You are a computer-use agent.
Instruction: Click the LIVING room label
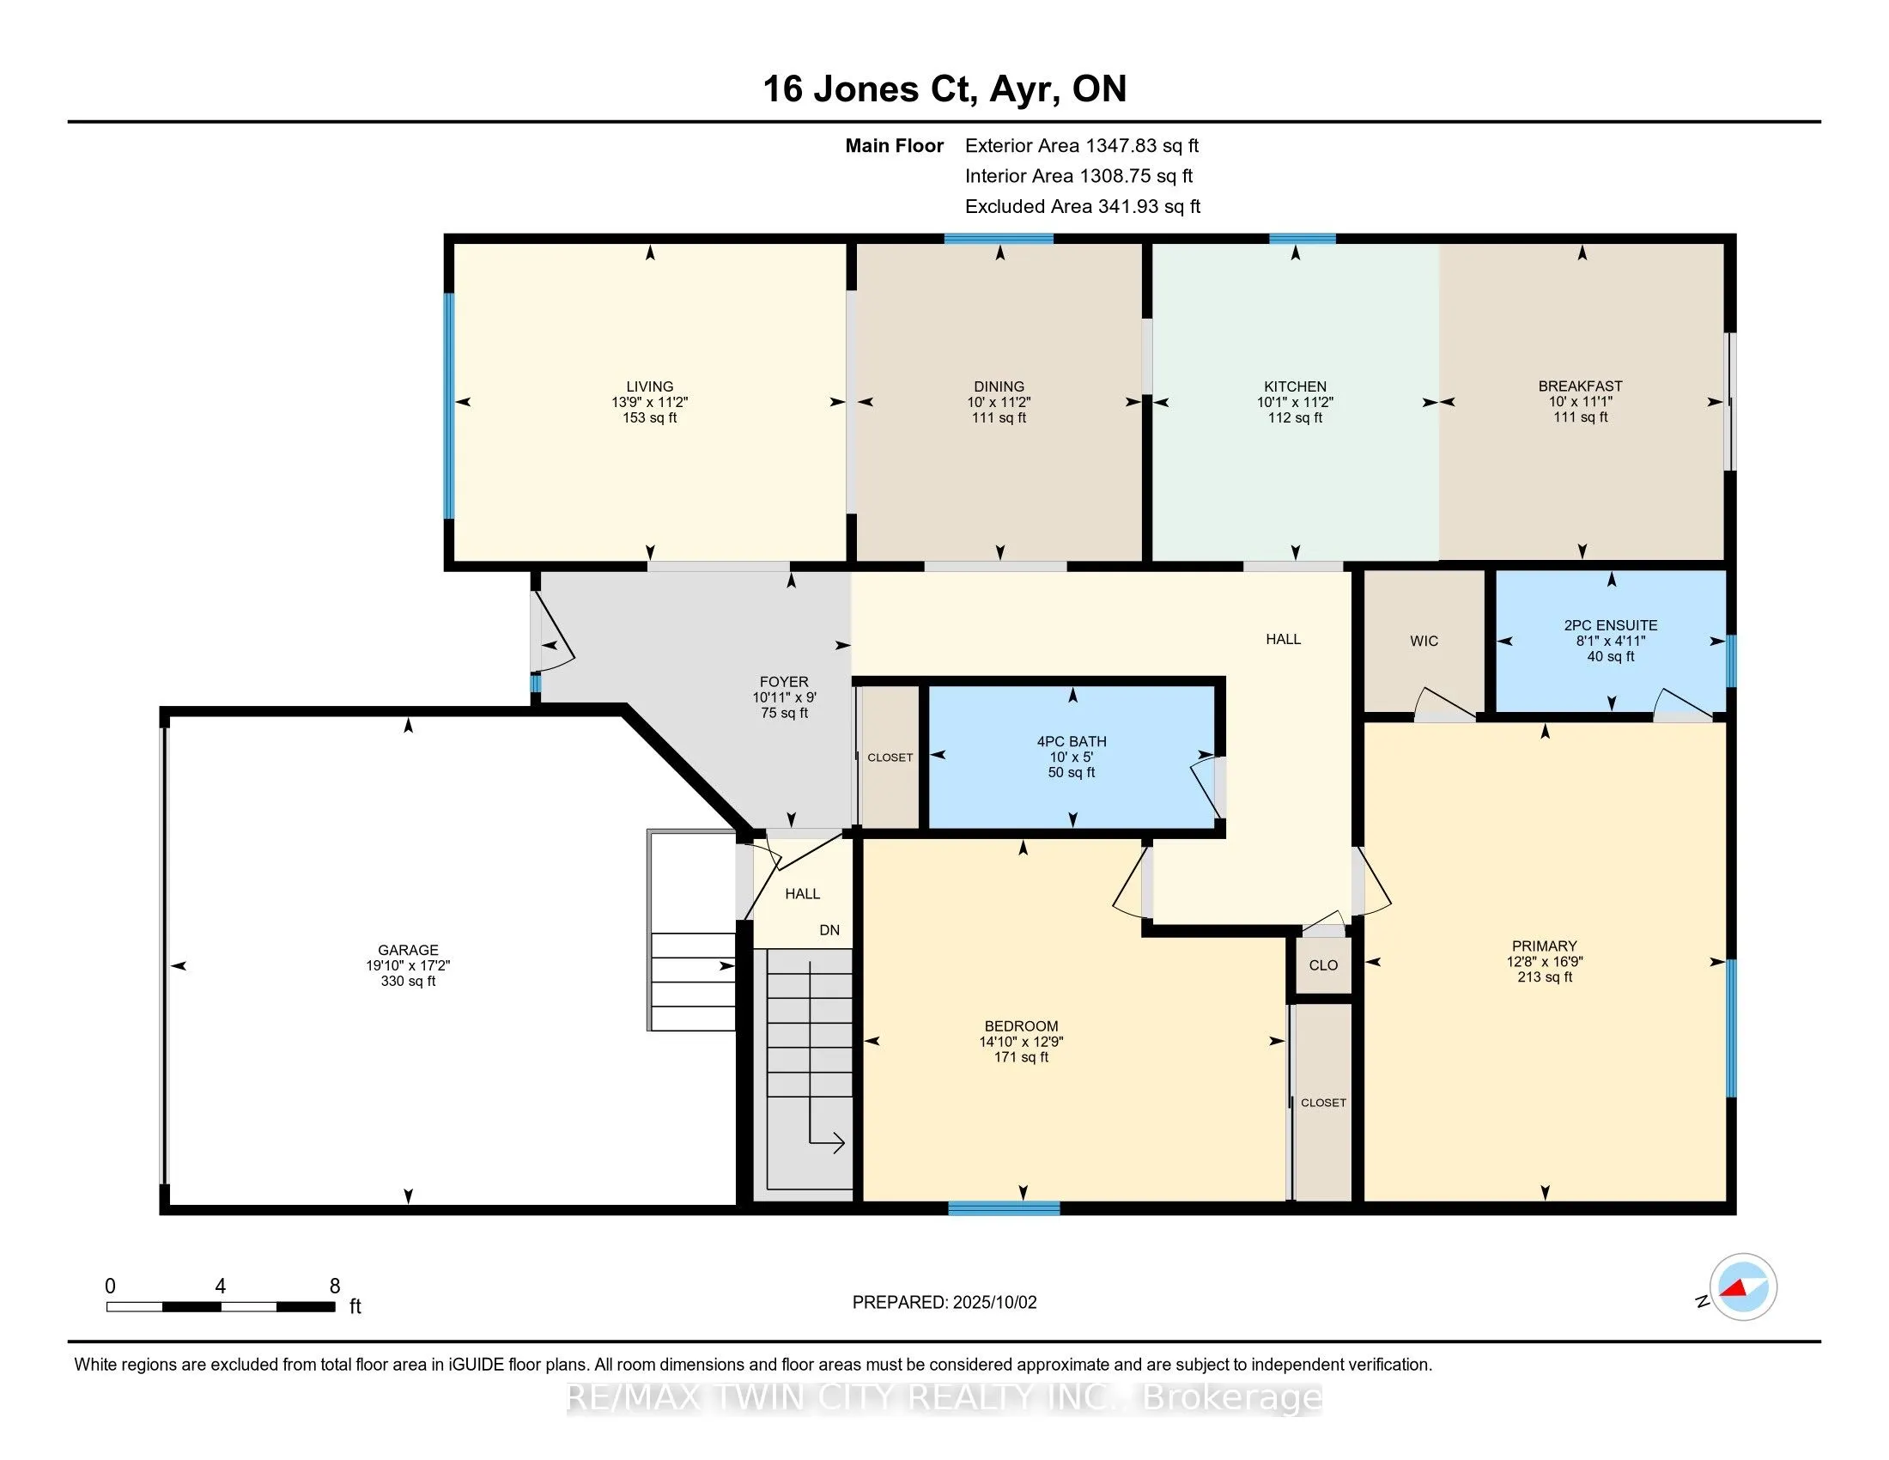(x=650, y=386)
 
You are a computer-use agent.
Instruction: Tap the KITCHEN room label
(x=1295, y=386)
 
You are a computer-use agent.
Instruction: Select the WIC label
(x=1424, y=641)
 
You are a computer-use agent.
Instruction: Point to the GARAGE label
(x=408, y=950)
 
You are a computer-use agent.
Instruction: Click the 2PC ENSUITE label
(x=1611, y=625)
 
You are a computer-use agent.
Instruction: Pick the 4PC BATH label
(x=1072, y=741)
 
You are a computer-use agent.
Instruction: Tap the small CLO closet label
(x=1323, y=965)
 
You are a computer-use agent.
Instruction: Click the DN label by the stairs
(x=829, y=931)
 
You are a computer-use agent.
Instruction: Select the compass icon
(x=1742, y=1288)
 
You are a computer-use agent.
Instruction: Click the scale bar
(x=221, y=1307)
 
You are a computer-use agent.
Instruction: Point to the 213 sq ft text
(x=1545, y=977)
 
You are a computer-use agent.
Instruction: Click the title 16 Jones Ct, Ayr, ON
(x=944, y=89)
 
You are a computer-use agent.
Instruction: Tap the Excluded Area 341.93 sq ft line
(x=1083, y=207)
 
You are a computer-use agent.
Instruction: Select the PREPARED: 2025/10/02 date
(x=944, y=1303)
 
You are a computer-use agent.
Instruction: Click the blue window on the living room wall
(x=449, y=405)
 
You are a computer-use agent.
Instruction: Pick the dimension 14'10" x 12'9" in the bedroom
(x=1022, y=1043)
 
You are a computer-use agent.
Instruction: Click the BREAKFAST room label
(x=1580, y=386)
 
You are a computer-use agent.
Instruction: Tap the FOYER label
(x=785, y=683)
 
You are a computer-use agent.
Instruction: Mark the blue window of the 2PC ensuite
(x=1732, y=661)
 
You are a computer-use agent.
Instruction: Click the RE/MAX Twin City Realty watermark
(x=944, y=1398)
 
